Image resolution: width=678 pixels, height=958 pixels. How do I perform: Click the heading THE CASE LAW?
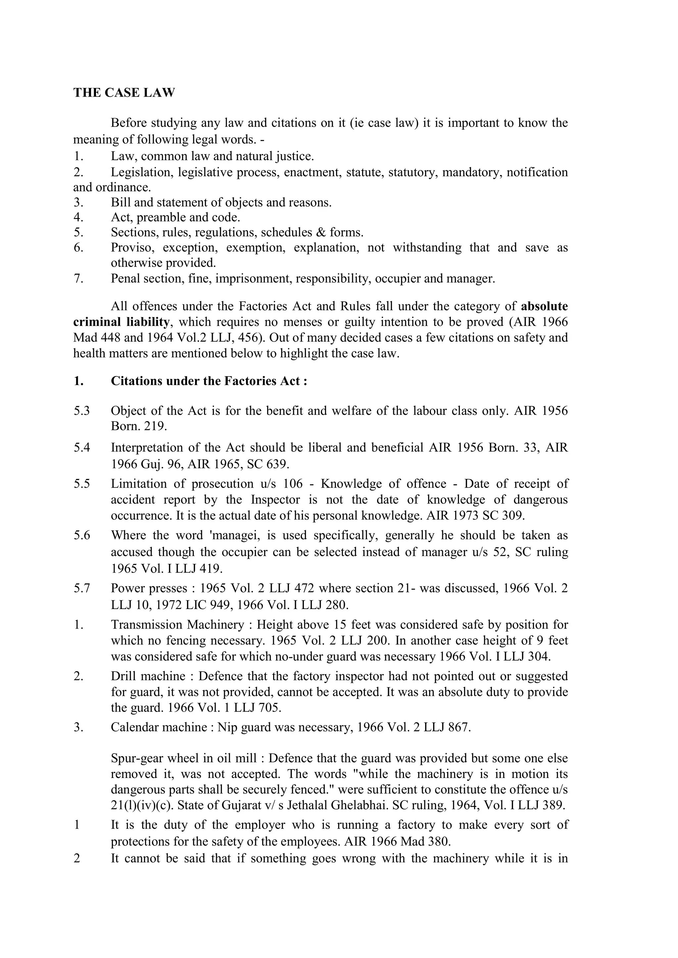click(124, 93)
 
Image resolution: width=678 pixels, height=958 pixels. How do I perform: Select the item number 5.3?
click(82, 411)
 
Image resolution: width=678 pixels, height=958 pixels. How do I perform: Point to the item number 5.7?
click(82, 588)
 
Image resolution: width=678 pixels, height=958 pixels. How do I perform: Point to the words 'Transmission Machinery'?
click(177, 625)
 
